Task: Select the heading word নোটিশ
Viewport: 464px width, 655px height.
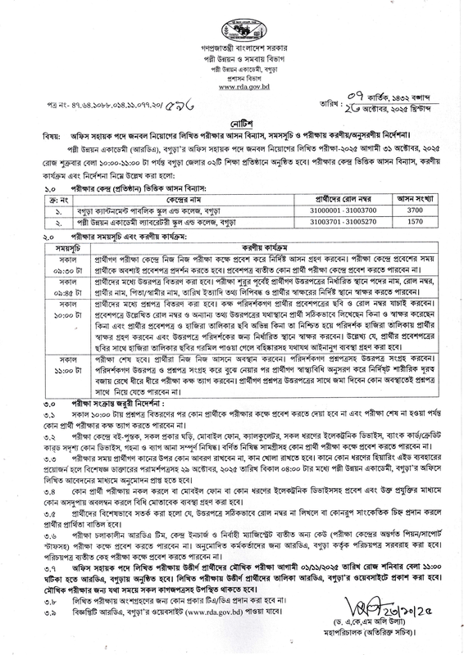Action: tap(233, 120)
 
